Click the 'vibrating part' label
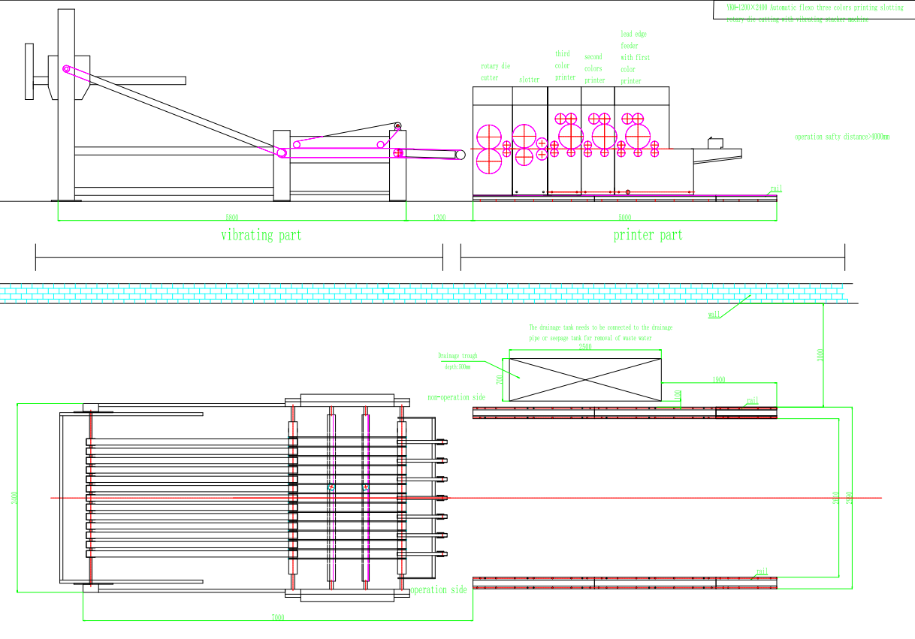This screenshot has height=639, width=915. pyautogui.click(x=261, y=235)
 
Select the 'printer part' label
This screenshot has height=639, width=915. pyautogui.click(x=648, y=235)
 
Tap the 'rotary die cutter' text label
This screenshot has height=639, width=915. pyautogui.click(x=495, y=72)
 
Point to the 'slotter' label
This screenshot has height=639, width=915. pyautogui.click(x=529, y=80)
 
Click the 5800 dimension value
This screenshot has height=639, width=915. pyautogui.click(x=232, y=218)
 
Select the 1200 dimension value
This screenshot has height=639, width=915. pyautogui.click(x=439, y=218)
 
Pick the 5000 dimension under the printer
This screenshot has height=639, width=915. pyautogui.click(x=624, y=218)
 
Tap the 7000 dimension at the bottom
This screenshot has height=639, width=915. pyautogui.click(x=277, y=617)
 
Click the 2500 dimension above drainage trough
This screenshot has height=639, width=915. pyautogui.click(x=584, y=347)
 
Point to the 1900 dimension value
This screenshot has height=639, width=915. pyautogui.click(x=718, y=380)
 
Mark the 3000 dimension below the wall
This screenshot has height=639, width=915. pyautogui.click(x=820, y=354)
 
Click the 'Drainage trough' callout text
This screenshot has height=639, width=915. pyautogui.click(x=457, y=356)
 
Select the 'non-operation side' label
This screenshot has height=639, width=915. pyautogui.click(x=456, y=397)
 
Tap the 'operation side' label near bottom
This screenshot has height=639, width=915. pyautogui.click(x=438, y=590)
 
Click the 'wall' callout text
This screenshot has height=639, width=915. pyautogui.click(x=714, y=315)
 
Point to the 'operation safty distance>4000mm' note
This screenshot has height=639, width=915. pyautogui.click(x=841, y=137)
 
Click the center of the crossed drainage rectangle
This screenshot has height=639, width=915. pyautogui.click(x=585, y=379)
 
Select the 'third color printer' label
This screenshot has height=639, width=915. pyautogui.click(x=565, y=65)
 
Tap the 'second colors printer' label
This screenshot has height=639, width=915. pyautogui.click(x=594, y=68)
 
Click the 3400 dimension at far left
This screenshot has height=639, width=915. pyautogui.click(x=15, y=498)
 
